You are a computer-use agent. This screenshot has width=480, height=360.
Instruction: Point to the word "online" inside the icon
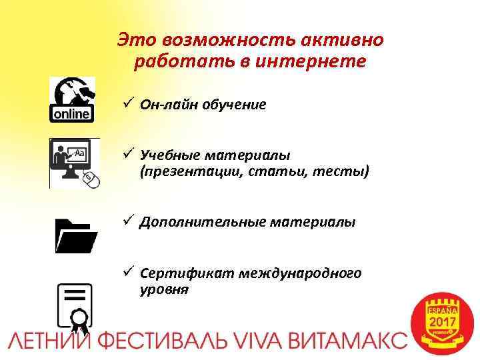click(x=72, y=114)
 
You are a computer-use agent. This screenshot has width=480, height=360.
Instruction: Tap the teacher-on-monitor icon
click(x=74, y=163)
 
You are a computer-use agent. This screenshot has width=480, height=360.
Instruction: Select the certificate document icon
click(x=75, y=306)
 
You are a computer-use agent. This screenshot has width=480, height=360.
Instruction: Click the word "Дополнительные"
click(x=193, y=222)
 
